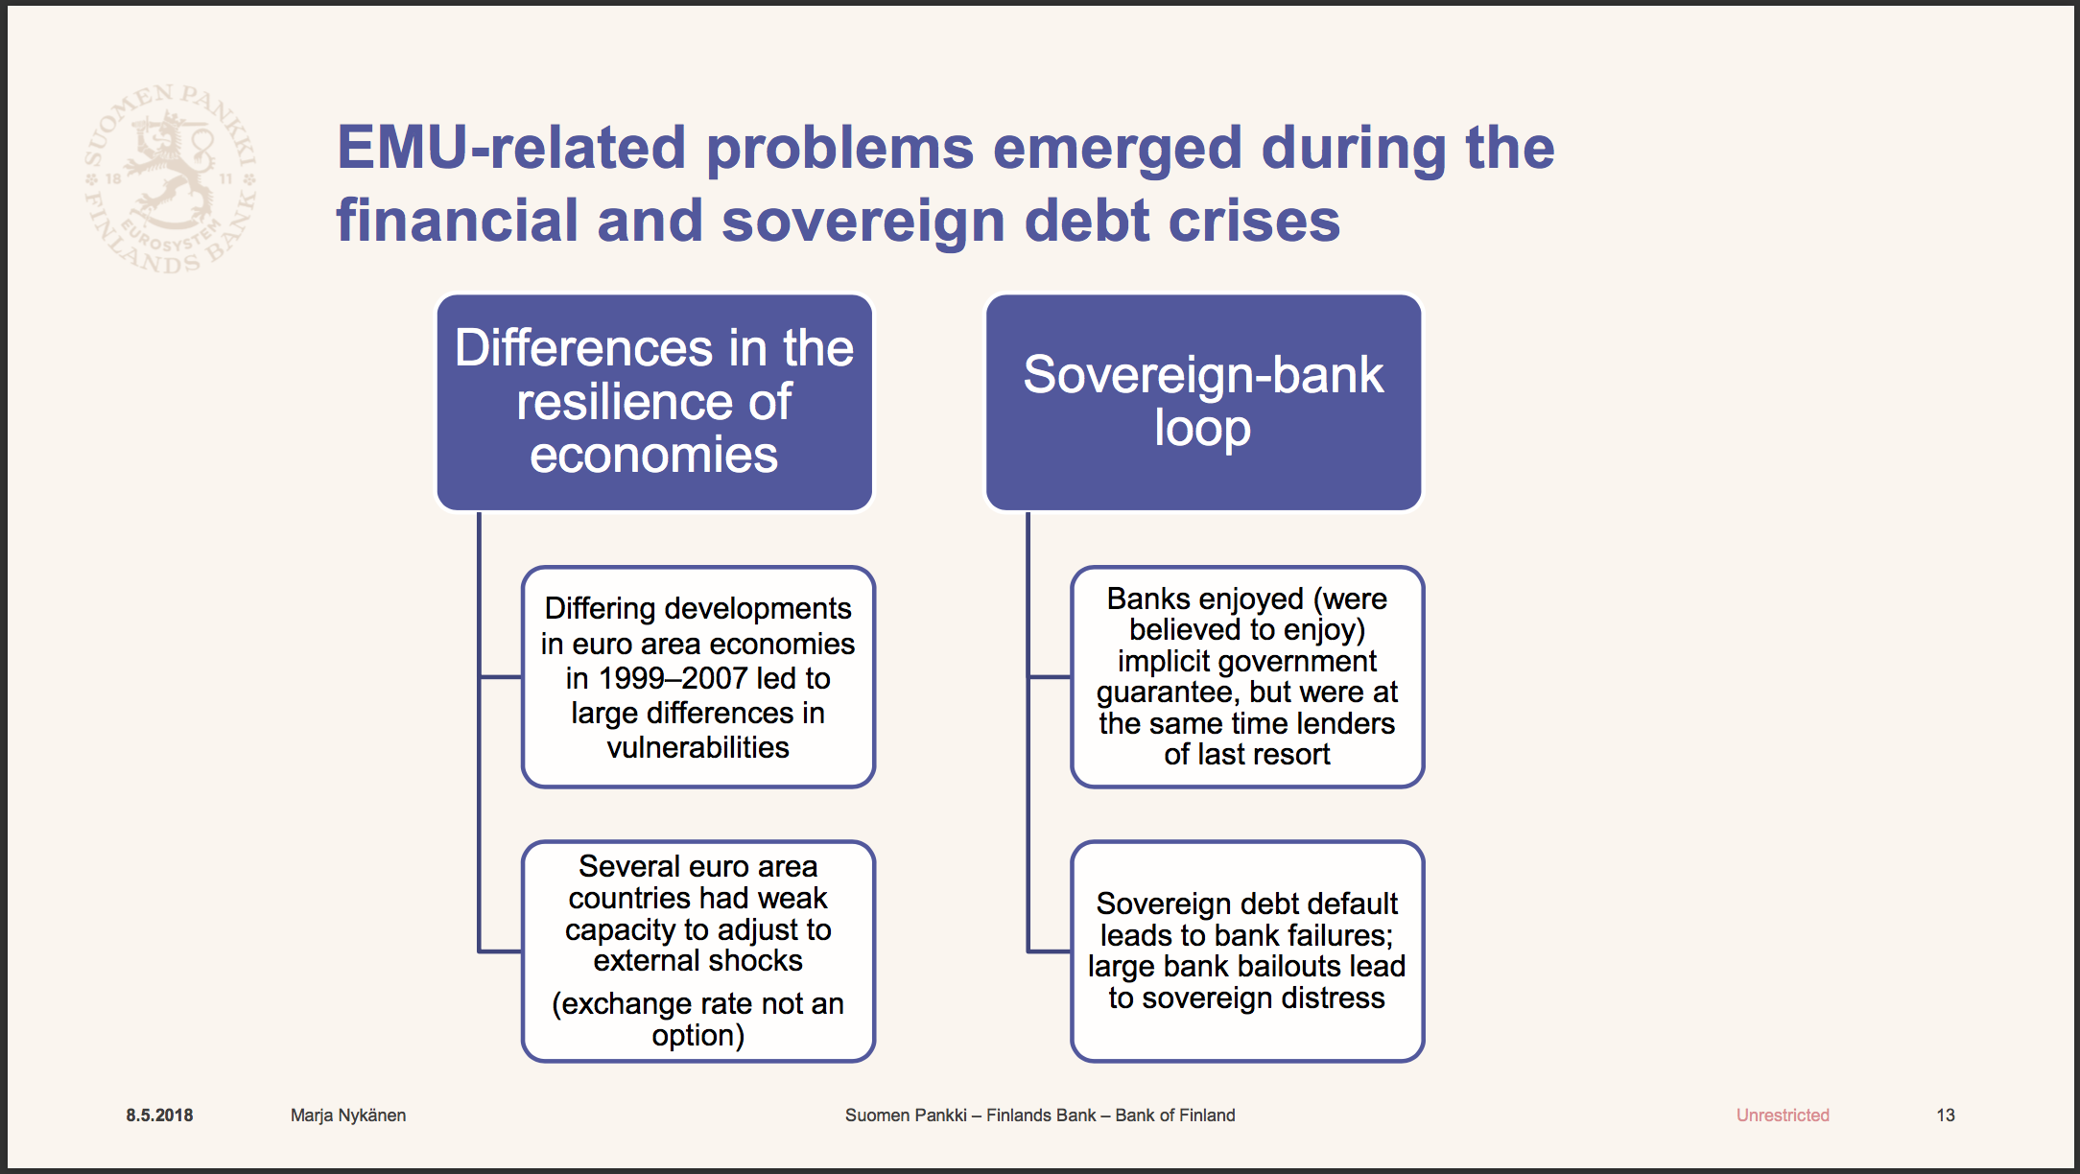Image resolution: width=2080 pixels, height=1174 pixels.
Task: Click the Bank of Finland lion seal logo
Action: tap(171, 178)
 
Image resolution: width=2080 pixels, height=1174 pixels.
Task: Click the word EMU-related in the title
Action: tap(511, 148)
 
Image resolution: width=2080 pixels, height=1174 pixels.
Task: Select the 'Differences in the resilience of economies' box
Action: tap(654, 402)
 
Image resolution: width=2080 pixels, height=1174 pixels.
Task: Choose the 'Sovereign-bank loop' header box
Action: tap(1203, 402)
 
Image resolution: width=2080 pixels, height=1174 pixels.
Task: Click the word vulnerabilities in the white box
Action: tap(697, 747)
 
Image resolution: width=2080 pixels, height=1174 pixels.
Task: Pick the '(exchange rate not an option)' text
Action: tap(697, 1019)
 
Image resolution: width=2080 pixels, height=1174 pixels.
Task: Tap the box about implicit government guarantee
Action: tap(1247, 676)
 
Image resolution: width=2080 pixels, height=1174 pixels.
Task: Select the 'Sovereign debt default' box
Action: tap(1247, 951)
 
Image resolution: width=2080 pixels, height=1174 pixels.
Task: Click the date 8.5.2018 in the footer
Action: tap(159, 1115)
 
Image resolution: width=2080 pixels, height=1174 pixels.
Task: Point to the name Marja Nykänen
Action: tap(348, 1115)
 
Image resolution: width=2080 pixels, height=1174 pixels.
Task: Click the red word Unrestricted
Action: tap(1783, 1115)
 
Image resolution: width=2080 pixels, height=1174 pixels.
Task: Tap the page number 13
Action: tap(1946, 1115)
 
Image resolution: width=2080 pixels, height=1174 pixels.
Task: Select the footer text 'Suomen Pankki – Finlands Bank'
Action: tap(970, 1115)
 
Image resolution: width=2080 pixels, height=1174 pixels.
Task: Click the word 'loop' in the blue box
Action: tap(1202, 429)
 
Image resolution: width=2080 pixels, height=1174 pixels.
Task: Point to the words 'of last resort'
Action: tap(1247, 755)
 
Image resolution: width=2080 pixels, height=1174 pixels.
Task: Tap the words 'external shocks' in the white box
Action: tap(697, 961)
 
